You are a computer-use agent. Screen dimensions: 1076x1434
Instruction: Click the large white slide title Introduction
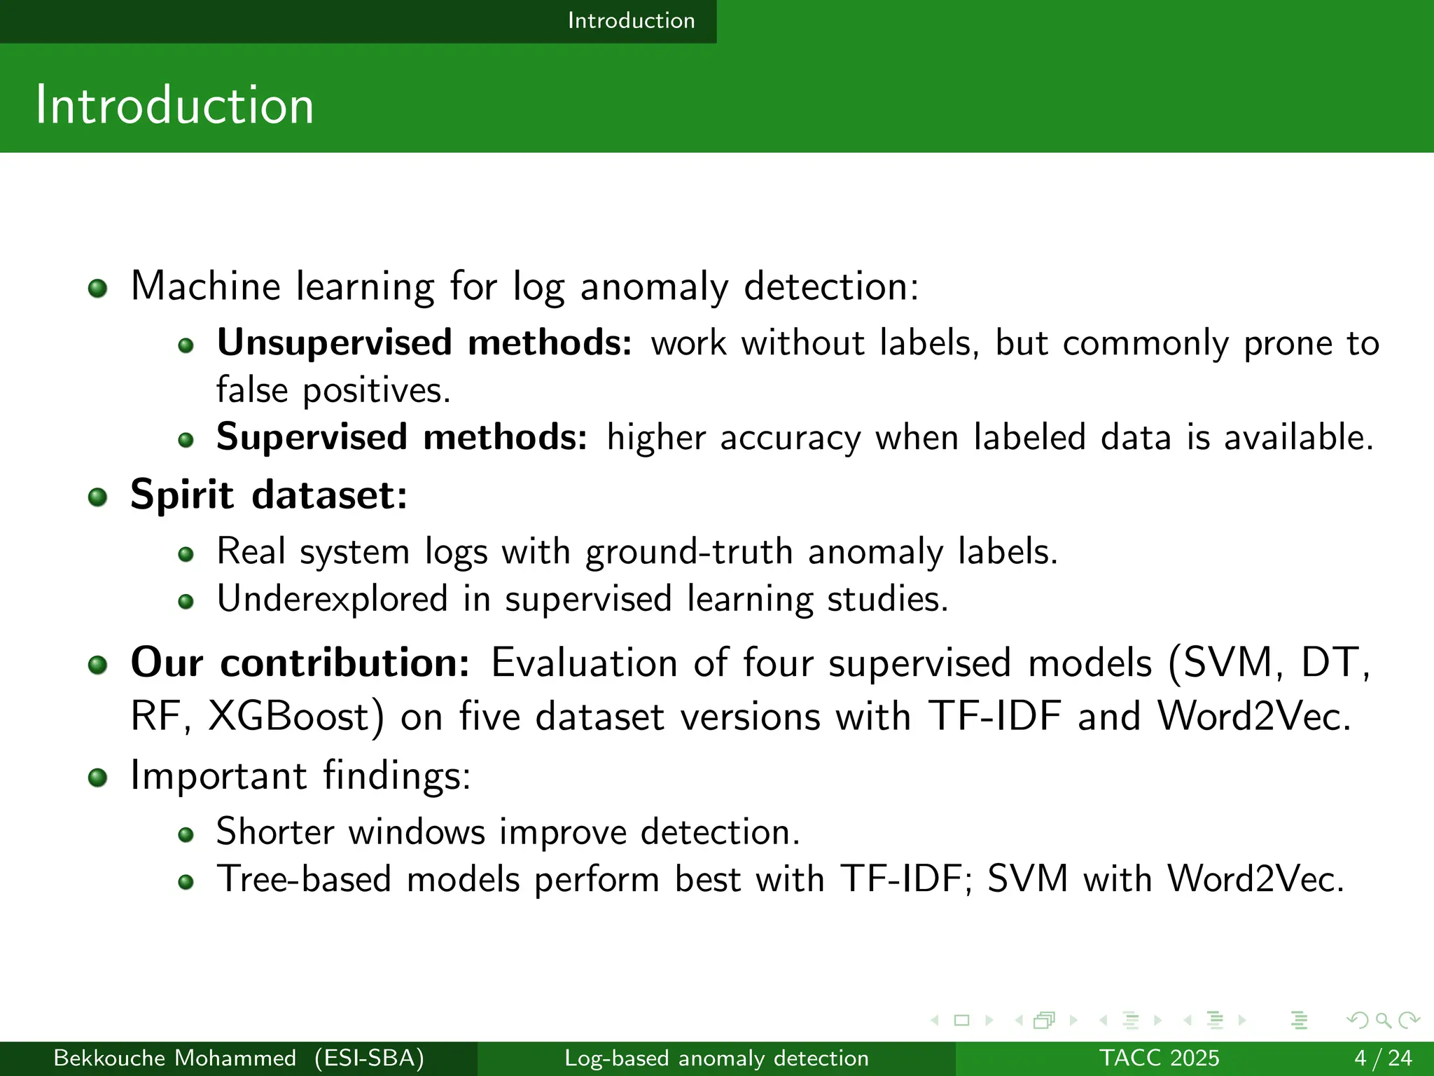coord(174,105)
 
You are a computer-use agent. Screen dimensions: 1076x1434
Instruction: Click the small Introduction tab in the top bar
coord(631,20)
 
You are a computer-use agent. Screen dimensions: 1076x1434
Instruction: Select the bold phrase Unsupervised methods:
coord(424,343)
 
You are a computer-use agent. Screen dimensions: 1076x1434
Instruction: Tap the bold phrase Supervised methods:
coord(402,437)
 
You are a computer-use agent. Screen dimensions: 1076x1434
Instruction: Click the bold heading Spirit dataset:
coord(269,495)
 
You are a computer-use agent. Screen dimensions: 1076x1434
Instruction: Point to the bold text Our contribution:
coord(300,662)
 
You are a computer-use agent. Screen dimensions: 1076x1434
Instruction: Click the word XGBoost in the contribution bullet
coord(295,717)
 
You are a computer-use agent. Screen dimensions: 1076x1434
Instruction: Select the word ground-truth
coord(688,551)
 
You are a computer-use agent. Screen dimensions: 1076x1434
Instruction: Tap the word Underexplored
coord(332,599)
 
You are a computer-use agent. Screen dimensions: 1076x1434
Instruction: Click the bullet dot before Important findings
coord(97,777)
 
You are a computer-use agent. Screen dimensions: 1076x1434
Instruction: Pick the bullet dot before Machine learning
coord(97,288)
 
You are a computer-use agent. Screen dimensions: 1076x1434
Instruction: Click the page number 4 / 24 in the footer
coord(1383,1058)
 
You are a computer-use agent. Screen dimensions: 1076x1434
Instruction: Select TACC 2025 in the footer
coord(1159,1058)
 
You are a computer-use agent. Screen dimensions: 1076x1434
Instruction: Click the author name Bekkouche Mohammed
coord(174,1058)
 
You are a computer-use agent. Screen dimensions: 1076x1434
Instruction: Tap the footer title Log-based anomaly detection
coord(716,1058)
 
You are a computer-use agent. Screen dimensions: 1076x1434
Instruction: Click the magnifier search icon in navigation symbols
coord(1383,1020)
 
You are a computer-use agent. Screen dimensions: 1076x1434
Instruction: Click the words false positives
coord(333,390)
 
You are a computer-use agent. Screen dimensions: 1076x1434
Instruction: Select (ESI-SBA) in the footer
coord(369,1058)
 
